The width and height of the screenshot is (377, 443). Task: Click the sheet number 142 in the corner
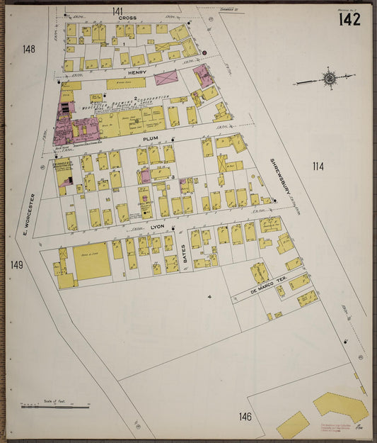point(349,19)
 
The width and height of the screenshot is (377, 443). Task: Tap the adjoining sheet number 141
point(117,11)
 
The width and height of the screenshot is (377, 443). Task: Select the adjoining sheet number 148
point(28,49)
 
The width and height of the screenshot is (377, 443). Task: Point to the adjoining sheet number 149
point(17,265)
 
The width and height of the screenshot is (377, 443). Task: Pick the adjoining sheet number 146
point(245,416)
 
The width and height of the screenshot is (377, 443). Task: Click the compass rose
point(329,78)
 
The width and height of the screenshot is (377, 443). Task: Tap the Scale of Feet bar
point(55,406)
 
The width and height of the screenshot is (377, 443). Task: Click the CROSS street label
point(127,18)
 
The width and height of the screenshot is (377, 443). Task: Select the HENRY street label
point(137,72)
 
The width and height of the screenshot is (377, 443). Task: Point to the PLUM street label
point(150,140)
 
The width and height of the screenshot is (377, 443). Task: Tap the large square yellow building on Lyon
point(92,262)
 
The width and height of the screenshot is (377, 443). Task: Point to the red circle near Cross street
point(204,52)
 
